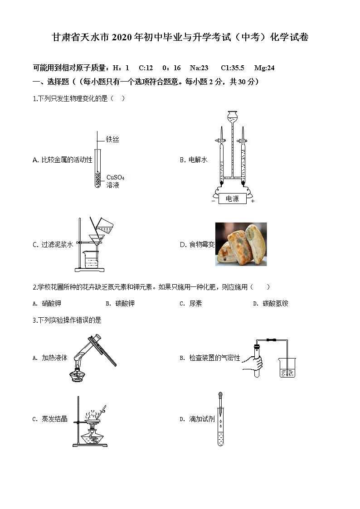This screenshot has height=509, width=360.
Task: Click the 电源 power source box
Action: pos(232,199)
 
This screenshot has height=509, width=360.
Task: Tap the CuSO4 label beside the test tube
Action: pos(115,177)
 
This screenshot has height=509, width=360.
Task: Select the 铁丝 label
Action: pos(112,140)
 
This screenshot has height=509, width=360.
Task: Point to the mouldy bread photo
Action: pos(241,244)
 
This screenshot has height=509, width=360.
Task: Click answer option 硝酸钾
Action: pos(51,304)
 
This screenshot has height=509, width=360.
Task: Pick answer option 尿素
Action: pos(196,304)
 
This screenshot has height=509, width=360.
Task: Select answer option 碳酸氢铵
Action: pos(275,304)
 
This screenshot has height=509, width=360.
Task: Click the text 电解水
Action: pos(198,160)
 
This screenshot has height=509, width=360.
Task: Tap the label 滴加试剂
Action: pos(202,419)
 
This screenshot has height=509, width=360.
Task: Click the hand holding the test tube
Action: pos(253,363)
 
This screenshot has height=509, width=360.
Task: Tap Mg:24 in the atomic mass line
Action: pos(264,68)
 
